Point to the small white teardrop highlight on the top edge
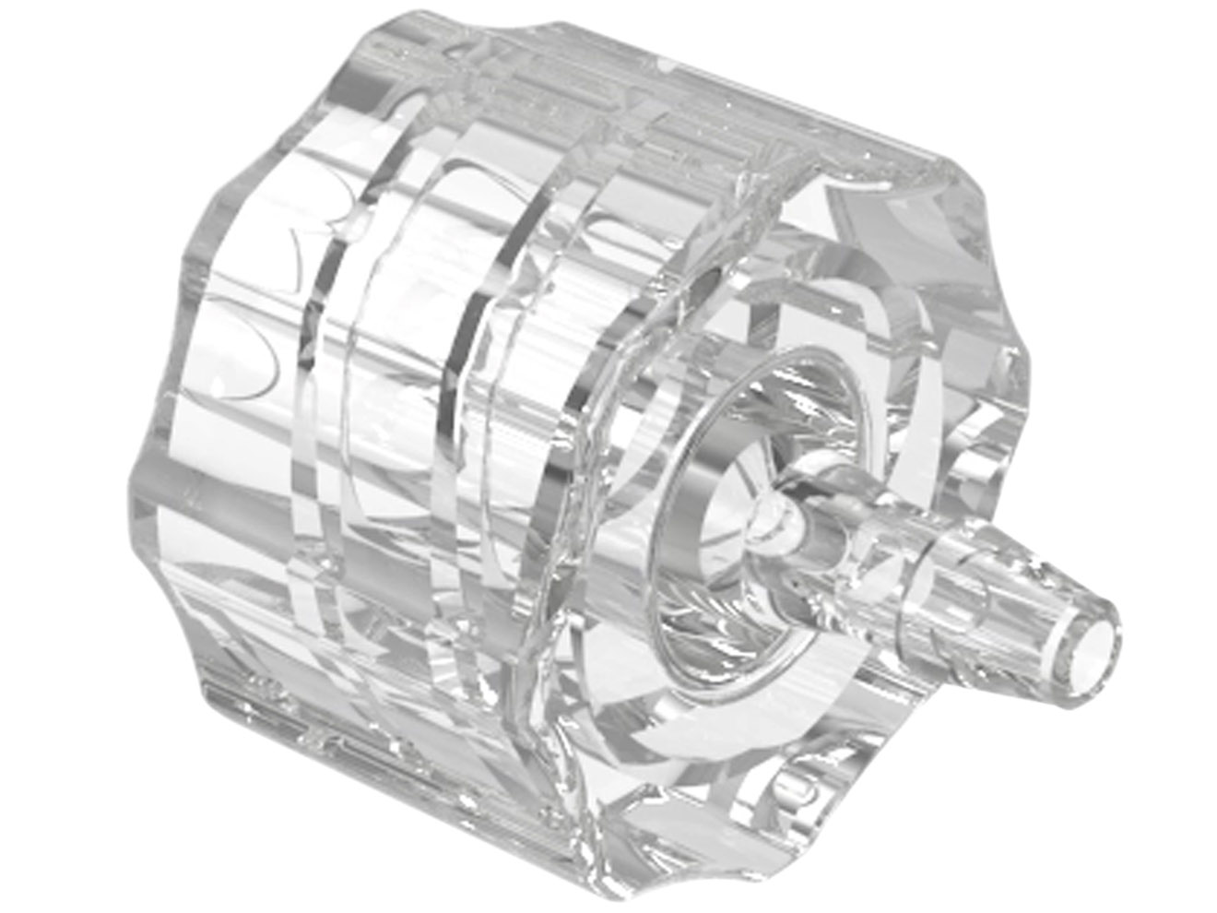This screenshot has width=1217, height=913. pyautogui.click(x=666, y=66)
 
